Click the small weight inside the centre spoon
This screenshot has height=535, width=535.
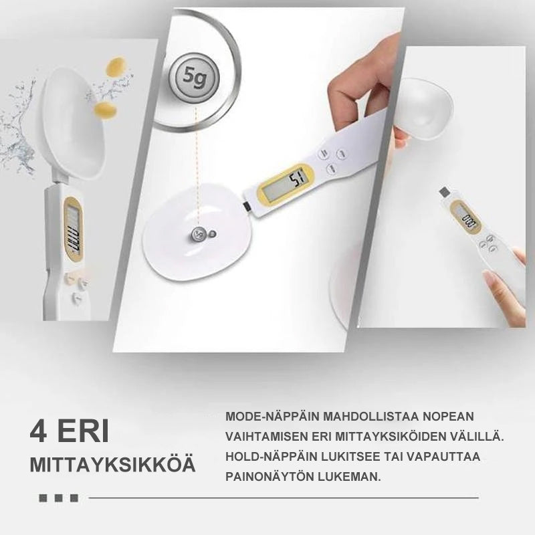(x=199, y=234)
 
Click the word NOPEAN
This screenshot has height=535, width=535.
(x=467, y=417)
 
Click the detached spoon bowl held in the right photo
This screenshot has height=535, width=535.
(x=425, y=107)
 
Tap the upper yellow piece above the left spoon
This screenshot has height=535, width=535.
(x=116, y=68)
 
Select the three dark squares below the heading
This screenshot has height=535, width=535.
(x=58, y=498)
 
